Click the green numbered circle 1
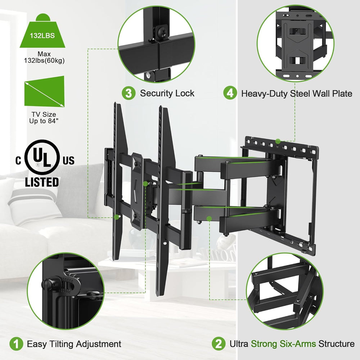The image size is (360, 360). [x=16, y=343]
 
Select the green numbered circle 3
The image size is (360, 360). [x=128, y=93]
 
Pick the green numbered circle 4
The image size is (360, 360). [x=230, y=93]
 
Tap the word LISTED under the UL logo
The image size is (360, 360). [x=42, y=182]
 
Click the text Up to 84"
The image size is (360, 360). [x=44, y=121]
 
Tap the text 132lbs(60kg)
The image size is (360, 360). [x=44, y=60]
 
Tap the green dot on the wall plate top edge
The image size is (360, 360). [x=278, y=142]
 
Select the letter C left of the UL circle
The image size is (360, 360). [x=18, y=161]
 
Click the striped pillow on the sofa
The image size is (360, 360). [x=32, y=202]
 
